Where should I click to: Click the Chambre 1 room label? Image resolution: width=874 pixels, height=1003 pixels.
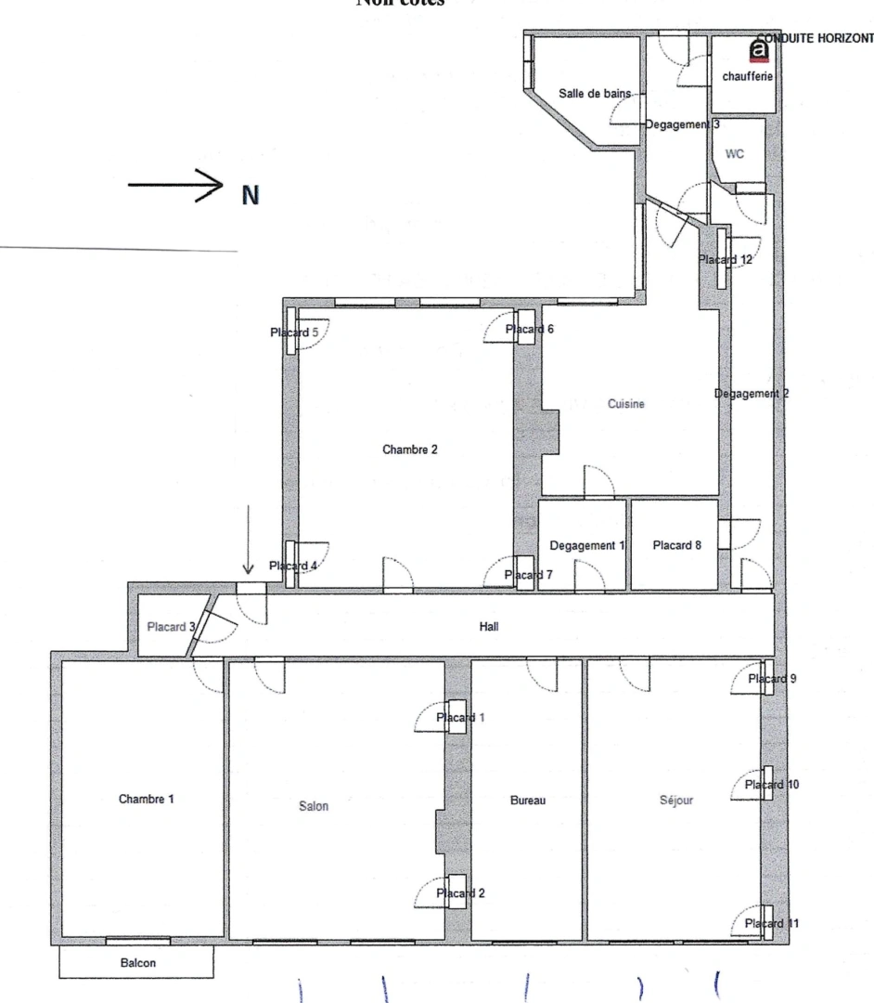(x=146, y=799)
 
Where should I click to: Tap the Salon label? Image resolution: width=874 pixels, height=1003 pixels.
(x=315, y=806)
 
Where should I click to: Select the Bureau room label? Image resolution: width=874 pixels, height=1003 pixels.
(x=528, y=800)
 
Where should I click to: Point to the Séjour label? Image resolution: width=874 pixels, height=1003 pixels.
(x=676, y=799)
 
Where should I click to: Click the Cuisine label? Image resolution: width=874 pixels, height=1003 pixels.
(x=625, y=404)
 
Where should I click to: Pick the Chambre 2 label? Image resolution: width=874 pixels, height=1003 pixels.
(x=409, y=449)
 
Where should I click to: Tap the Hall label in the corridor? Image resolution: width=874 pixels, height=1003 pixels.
(x=489, y=627)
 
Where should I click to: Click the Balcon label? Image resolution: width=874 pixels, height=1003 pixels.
(x=137, y=963)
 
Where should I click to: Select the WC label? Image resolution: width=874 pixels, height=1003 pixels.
(x=734, y=155)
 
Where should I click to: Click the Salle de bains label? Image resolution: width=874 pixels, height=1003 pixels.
(x=595, y=94)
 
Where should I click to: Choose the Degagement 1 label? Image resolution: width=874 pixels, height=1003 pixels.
(x=586, y=545)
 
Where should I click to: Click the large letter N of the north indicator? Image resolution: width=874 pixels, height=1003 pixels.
(x=251, y=195)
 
